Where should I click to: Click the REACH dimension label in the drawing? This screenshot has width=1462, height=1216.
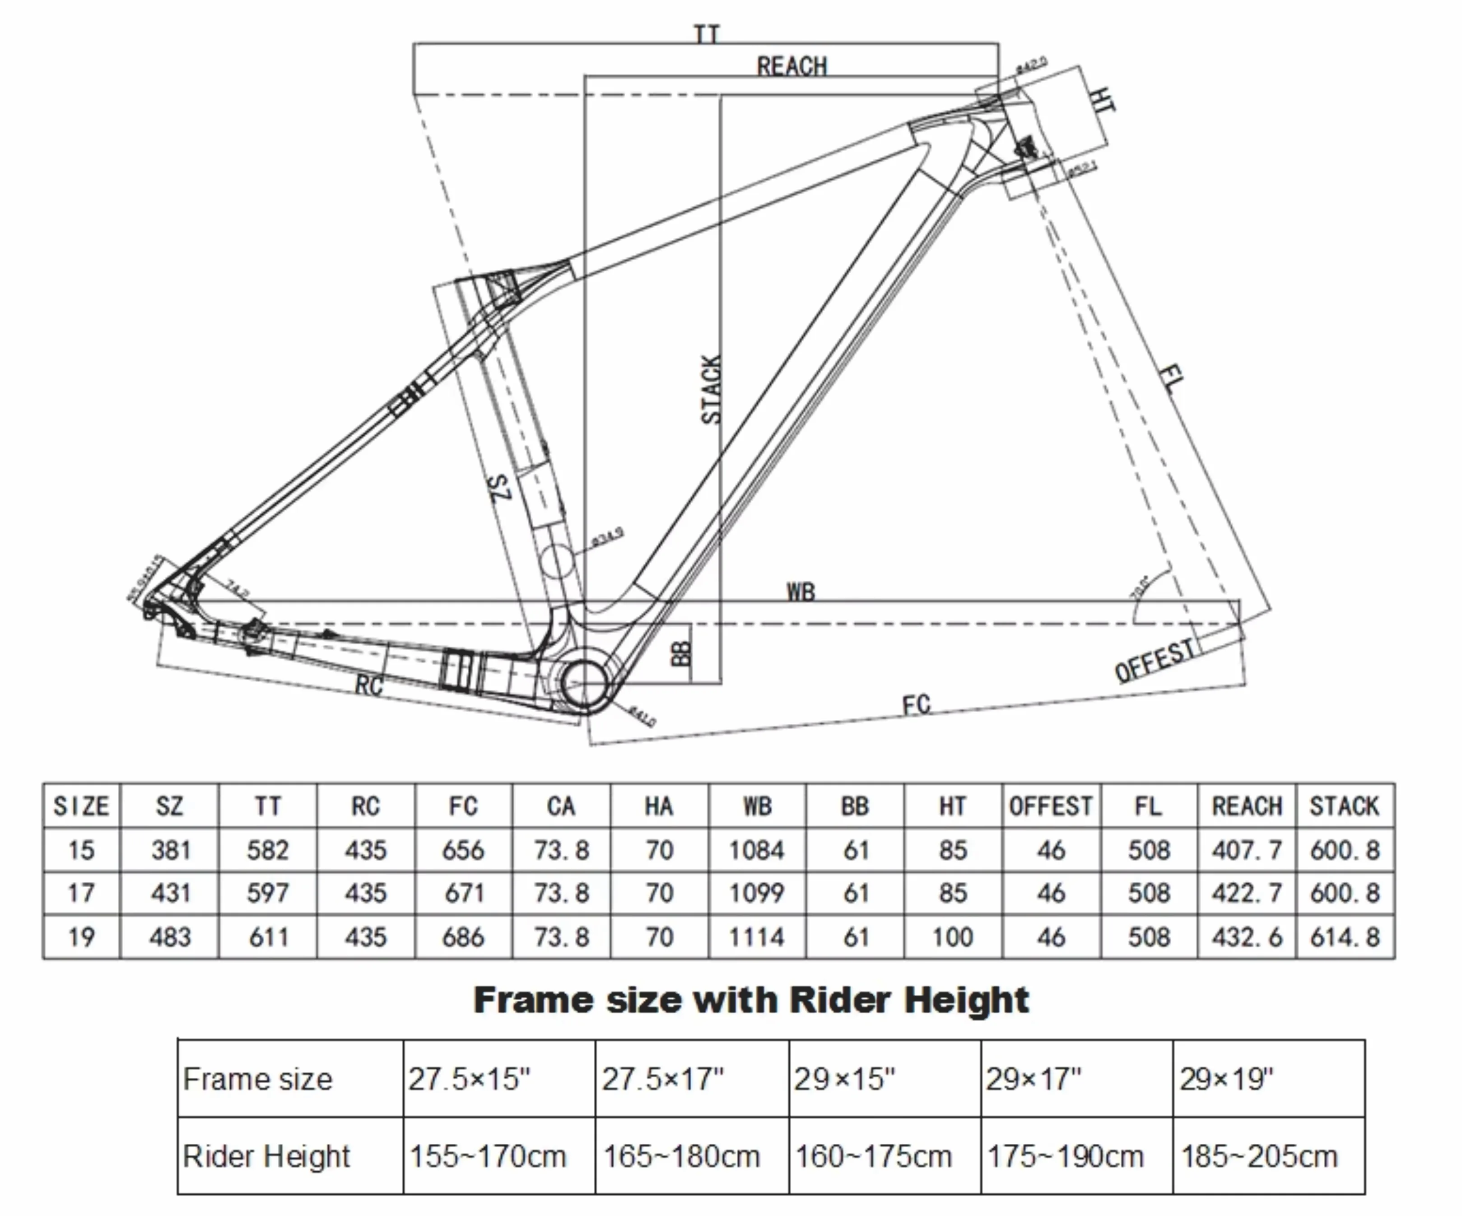[x=792, y=67]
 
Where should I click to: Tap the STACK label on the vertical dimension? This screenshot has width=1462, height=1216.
[x=711, y=390]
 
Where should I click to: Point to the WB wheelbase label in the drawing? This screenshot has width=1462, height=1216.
[x=800, y=592]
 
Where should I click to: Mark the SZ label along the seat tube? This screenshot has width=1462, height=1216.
[x=500, y=487]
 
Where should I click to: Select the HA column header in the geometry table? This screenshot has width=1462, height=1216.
[x=659, y=806]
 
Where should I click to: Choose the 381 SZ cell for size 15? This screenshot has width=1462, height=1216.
[x=170, y=850]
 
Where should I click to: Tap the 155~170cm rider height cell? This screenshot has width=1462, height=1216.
[x=487, y=1156]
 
